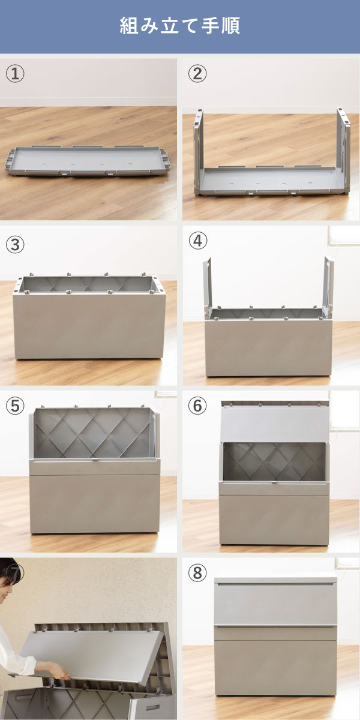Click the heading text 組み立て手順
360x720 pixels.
pos(179,26)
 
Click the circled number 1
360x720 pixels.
pos(15,74)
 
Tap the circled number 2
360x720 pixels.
pos(197,74)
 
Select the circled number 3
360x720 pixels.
pos(15,245)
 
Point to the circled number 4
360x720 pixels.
pos(197,241)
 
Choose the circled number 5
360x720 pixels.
pos(15,406)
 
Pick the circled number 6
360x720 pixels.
pos(197,406)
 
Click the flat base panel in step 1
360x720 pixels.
pos(88,161)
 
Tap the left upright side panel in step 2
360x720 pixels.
pos(199,151)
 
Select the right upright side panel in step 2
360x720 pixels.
pos(344,150)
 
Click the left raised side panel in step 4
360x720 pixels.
pos(208,287)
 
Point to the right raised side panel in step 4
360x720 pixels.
pos(329,287)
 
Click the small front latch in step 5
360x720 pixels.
pos(95,460)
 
